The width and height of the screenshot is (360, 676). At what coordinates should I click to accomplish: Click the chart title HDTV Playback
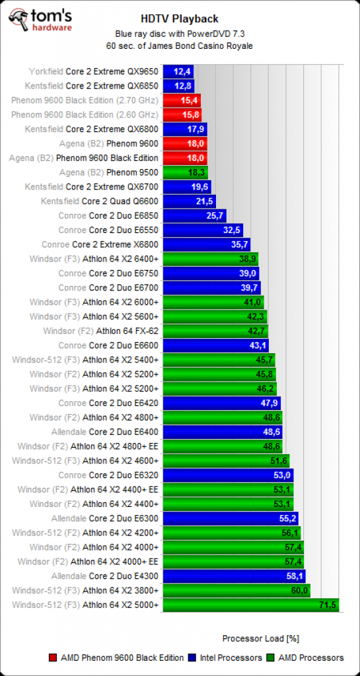tap(180, 18)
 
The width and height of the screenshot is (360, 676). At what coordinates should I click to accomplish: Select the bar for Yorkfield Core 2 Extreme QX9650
tap(178, 71)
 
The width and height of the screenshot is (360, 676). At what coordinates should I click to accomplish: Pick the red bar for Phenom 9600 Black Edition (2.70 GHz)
tap(182, 100)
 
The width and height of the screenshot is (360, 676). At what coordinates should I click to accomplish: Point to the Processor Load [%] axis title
tap(261, 638)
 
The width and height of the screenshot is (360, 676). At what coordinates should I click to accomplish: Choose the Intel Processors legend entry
tap(227, 658)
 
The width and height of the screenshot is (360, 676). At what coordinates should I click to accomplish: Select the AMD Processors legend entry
tap(307, 658)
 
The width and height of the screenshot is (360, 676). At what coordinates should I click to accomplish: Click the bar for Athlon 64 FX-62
tap(215, 331)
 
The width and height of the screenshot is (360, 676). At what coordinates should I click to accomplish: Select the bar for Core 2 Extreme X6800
tap(207, 244)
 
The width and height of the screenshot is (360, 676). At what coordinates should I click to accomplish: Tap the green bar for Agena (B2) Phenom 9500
tap(186, 172)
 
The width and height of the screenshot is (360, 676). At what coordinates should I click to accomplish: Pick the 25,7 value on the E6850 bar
tap(215, 216)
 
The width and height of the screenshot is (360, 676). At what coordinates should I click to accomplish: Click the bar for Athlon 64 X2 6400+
tap(211, 259)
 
